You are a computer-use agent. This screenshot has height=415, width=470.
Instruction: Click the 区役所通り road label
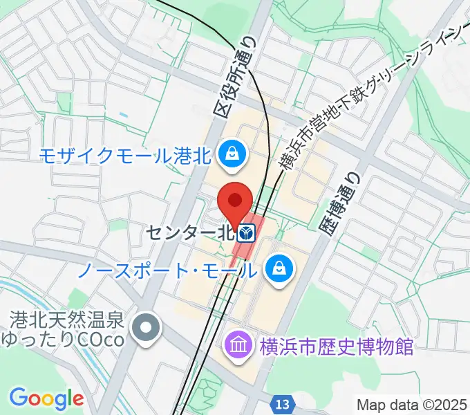(x=237, y=77)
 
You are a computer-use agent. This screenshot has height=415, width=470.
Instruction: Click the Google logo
(x=46, y=399)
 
